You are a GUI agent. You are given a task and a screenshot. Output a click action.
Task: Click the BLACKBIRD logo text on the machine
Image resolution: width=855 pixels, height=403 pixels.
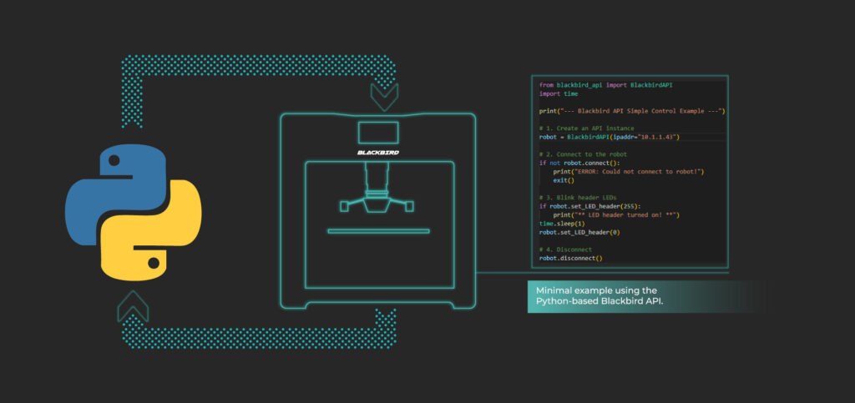(x=378, y=153)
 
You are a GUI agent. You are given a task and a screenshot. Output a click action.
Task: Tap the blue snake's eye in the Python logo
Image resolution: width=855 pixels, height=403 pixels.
(x=114, y=160)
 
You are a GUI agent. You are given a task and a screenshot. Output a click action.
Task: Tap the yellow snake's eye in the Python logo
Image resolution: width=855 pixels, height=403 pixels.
(x=154, y=264)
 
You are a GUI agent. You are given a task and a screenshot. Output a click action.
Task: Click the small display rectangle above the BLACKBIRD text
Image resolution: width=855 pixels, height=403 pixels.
(x=378, y=133)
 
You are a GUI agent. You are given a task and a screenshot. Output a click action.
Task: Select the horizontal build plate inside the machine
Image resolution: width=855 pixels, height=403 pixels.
(x=378, y=231)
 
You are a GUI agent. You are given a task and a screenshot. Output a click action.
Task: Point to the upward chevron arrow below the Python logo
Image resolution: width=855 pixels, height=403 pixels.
(x=133, y=305)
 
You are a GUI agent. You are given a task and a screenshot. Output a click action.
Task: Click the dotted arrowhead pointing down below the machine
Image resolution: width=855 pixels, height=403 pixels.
(x=386, y=319)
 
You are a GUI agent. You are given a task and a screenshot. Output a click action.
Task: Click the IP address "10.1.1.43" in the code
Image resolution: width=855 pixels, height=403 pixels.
(x=659, y=137)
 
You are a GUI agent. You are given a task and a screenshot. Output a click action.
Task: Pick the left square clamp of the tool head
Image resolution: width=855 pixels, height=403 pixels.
(x=345, y=206)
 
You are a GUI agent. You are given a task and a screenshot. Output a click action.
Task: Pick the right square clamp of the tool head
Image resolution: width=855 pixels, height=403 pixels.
(x=409, y=206)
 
